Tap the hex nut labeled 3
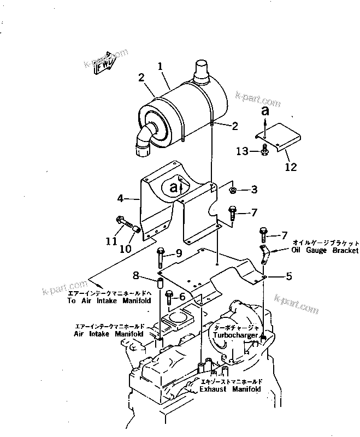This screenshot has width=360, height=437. (x=233, y=190)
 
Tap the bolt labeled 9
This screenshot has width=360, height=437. (x=161, y=256)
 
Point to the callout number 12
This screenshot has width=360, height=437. (x=291, y=167)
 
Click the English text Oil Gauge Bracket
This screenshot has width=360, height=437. (x=317, y=250)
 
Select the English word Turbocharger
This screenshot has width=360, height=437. (x=235, y=335)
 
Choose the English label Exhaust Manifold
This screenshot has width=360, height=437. (x=230, y=389)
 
